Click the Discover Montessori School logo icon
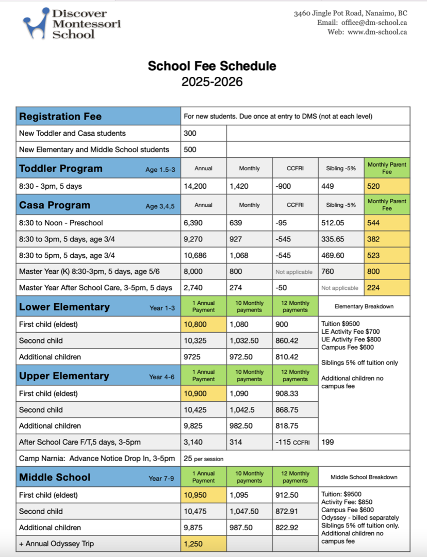pyautogui.click(x=36, y=24)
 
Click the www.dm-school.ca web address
pyautogui.click(x=377, y=31)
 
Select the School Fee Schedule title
pyautogui.click(x=212, y=66)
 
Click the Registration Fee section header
pyautogui.click(x=60, y=117)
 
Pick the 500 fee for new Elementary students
pyautogui.click(x=190, y=150)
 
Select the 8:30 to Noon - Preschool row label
pyautogui.click(x=61, y=223)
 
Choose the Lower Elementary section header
pyautogui.click(x=64, y=307)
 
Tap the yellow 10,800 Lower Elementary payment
pyautogui.click(x=195, y=324)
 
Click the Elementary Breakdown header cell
pyautogui.click(x=364, y=306)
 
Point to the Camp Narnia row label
pyautogui.click(x=97, y=458)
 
